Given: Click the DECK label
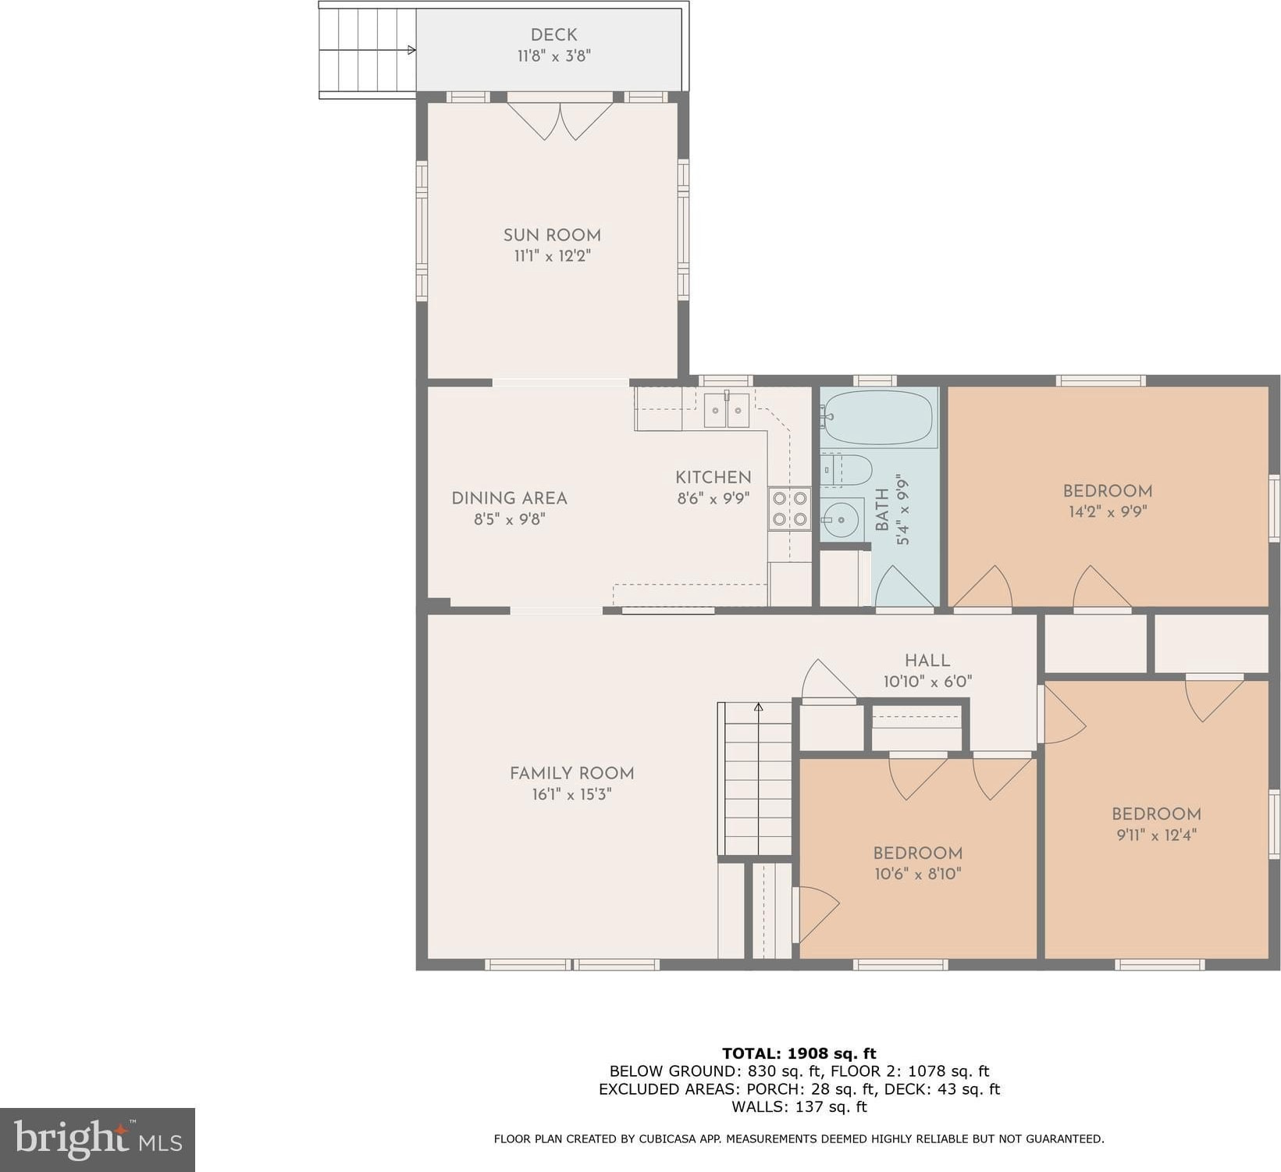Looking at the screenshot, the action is (553, 34).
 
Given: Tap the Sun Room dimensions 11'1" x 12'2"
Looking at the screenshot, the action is (552, 256).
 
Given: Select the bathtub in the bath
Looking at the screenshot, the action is (878, 418).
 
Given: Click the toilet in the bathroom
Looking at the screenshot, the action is (846, 470).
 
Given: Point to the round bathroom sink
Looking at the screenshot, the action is (842, 519).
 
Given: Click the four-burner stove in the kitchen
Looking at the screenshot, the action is (789, 508).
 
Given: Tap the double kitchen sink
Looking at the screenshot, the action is (727, 410).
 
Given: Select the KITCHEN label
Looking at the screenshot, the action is (713, 477).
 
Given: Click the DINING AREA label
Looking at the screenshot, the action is (509, 498).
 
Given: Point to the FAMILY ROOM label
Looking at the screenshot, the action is (571, 773).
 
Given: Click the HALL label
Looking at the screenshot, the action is (927, 661).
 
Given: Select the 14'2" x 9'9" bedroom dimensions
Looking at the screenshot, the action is (1108, 512).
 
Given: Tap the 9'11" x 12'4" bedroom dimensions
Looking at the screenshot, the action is (1156, 835).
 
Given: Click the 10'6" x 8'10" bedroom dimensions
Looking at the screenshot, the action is (917, 874).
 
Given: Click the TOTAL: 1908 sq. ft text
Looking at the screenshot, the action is (799, 1053).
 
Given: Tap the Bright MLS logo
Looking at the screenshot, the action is (98, 1140).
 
